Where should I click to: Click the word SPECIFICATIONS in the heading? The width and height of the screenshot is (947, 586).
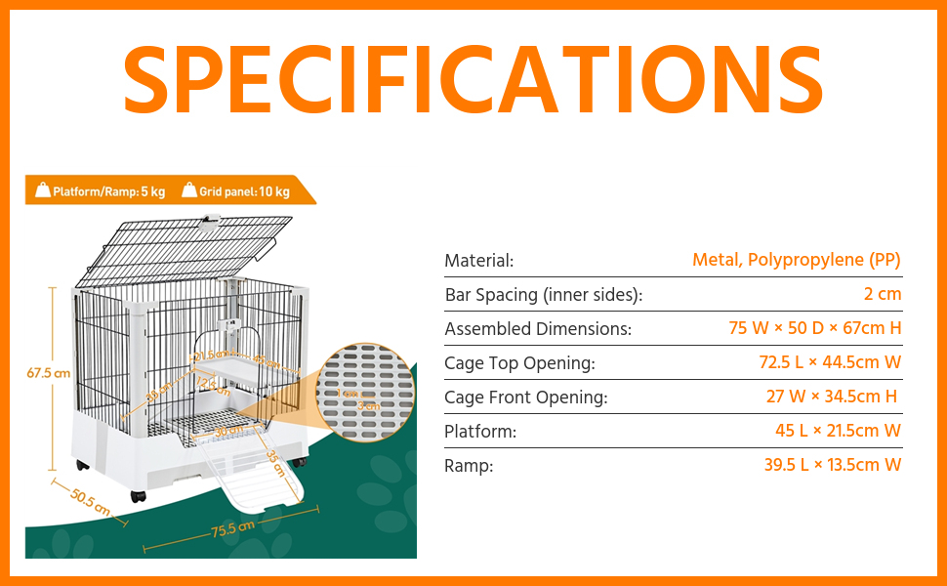(473, 80)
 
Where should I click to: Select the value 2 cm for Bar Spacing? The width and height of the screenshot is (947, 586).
(883, 294)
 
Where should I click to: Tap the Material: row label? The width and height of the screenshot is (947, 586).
(478, 261)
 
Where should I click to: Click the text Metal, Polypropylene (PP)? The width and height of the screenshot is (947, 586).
(796, 260)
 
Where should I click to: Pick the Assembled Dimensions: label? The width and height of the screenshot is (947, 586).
(538, 329)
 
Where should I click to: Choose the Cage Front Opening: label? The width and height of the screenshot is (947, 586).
(525, 398)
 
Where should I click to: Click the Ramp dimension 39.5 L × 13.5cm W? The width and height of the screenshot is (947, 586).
(832, 465)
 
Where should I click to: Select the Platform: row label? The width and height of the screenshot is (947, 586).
(480, 432)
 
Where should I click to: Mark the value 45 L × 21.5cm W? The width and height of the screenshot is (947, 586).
(838, 431)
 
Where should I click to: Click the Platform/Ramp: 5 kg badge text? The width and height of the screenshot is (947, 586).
(108, 191)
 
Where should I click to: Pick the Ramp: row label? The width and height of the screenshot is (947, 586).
(469, 466)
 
